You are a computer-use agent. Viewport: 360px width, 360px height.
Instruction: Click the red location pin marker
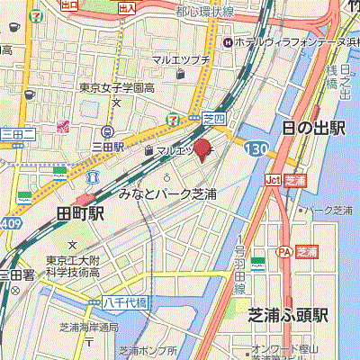202,148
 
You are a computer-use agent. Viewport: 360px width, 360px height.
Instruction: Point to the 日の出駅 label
312,128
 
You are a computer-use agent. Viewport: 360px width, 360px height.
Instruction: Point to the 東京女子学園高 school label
115,87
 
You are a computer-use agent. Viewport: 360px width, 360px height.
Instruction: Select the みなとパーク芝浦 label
168,193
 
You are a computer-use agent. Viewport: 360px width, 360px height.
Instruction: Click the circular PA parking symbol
283,252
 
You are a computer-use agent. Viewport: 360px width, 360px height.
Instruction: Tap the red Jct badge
272,180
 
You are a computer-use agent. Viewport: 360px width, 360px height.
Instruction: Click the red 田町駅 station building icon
87,200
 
